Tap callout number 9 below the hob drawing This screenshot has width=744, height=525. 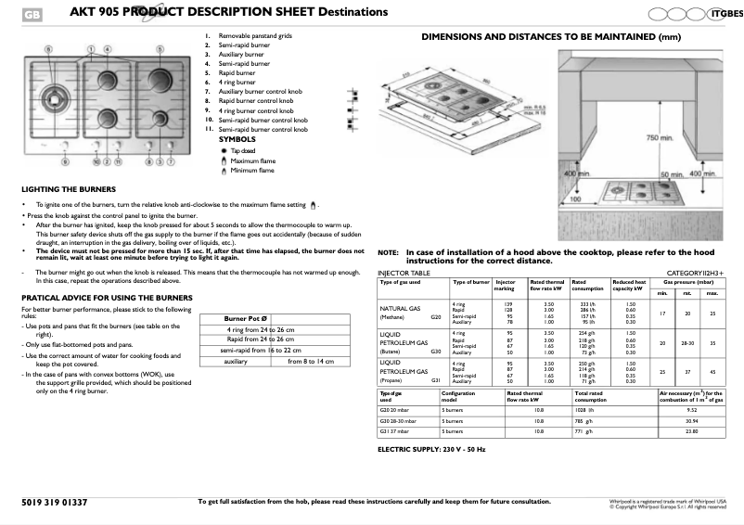point(66,161)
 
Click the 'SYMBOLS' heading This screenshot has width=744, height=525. point(237,139)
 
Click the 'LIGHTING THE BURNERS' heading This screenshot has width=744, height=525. point(61,188)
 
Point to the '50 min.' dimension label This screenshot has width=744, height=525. point(672,174)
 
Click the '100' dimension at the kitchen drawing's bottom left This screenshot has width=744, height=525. point(575,198)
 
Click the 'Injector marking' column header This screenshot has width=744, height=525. point(506,284)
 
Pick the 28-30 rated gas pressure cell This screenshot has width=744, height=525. point(687,342)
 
